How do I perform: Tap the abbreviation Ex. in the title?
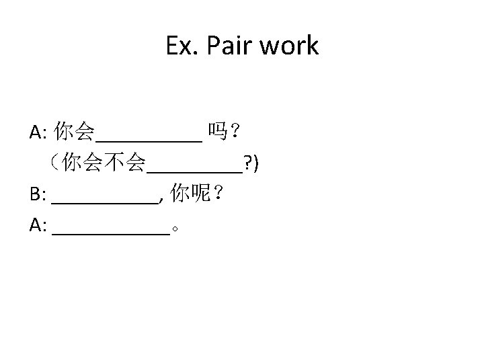point(182,46)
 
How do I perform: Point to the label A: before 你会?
point(38,132)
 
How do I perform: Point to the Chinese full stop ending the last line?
point(175,230)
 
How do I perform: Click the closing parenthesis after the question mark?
point(257,163)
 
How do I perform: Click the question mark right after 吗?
point(236,131)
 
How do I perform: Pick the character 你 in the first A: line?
point(65,131)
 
